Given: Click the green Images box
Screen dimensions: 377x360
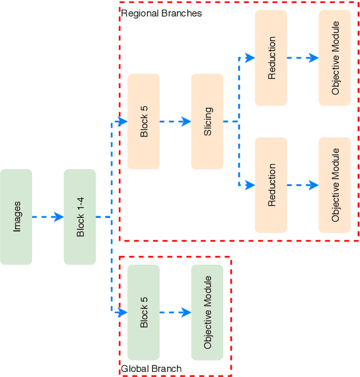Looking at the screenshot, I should (16, 217).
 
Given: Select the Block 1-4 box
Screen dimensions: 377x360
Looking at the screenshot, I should (80, 217).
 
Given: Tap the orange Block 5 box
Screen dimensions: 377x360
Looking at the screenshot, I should (143, 121).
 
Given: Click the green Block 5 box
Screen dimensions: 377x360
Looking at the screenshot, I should (143, 312).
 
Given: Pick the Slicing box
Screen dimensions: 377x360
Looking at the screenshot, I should (207, 121).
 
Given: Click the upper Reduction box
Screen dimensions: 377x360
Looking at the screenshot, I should (271, 58).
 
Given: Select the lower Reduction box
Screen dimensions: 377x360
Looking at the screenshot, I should (271, 185).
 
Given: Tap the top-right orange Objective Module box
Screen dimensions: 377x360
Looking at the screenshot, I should (335, 58).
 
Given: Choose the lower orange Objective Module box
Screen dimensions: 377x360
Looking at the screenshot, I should (335, 185).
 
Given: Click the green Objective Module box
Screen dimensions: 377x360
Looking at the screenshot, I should (207, 312).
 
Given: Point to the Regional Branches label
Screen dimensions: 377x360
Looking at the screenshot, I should (161, 13).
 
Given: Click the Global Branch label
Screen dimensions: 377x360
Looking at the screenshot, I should (151, 369).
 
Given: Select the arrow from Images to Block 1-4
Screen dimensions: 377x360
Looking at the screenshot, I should (48, 217).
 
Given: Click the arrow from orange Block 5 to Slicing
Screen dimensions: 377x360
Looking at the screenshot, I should (175, 121).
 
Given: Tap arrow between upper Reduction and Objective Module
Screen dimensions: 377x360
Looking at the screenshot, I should (303, 58).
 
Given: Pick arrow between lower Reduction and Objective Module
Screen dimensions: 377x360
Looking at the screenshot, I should (303, 185).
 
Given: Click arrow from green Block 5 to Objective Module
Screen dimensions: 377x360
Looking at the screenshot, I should (175, 312).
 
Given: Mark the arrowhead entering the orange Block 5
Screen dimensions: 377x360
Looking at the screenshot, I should (123, 121).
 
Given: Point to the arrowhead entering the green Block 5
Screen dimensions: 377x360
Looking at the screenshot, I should (123, 312).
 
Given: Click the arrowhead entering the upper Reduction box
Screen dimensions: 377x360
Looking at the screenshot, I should (250, 58).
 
